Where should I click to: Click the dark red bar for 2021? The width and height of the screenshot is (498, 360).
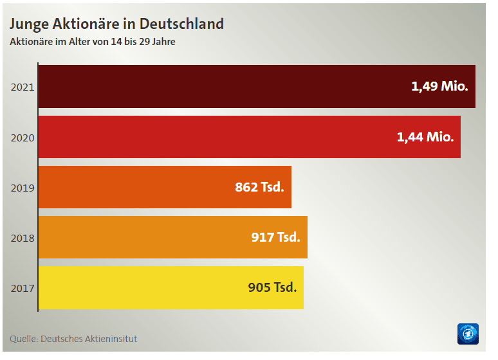pyautogui.click(x=219, y=86)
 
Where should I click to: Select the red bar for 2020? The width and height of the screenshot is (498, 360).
pyautogui.click(x=212, y=137)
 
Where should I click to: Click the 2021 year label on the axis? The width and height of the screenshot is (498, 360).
pyautogui.click(x=23, y=87)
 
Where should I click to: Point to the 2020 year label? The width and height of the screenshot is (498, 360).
pyautogui.click(x=23, y=137)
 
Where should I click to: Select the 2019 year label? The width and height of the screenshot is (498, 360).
pyautogui.click(x=23, y=188)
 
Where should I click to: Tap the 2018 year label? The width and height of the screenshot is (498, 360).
pyautogui.click(x=23, y=238)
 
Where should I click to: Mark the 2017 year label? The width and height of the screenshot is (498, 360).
pyautogui.click(x=23, y=288)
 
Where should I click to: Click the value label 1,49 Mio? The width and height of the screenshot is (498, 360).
pyautogui.click(x=439, y=86)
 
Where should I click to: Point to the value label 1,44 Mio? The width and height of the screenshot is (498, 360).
pyautogui.click(x=425, y=136)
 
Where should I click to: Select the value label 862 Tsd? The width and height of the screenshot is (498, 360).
pyautogui.click(x=259, y=187)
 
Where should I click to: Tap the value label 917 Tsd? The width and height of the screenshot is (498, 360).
pyautogui.click(x=275, y=237)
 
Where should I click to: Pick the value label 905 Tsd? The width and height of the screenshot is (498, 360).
pyautogui.click(x=272, y=287)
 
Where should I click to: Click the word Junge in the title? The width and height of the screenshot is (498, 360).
pyautogui.click(x=27, y=24)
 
